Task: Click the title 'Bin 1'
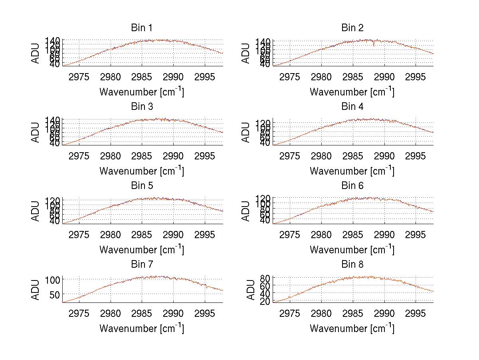pos(142,28)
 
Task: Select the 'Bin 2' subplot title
pos(352,28)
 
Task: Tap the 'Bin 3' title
pos(142,107)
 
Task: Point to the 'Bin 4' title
pos(352,107)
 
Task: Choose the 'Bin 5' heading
pos(142,186)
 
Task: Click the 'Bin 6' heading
pos(352,186)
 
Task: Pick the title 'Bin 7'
pos(142,265)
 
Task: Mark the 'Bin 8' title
pos(352,265)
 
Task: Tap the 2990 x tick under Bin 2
pos(384,77)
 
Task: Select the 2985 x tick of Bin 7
pos(142,313)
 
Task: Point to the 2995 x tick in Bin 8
pos(416,313)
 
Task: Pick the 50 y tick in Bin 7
pos(55,294)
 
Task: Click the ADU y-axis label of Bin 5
pos(36,211)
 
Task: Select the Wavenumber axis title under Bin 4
pos(352,171)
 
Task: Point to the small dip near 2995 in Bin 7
pos(206,286)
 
